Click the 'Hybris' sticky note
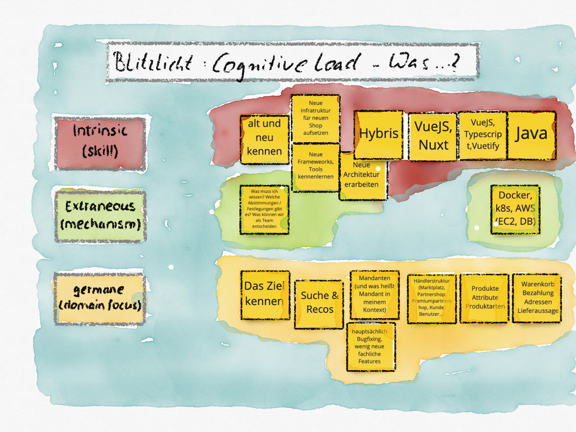[378, 135]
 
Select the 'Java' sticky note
[531, 135]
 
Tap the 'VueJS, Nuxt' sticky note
[433, 136]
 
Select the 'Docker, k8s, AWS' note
[515, 209]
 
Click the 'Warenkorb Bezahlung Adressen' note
[537, 298]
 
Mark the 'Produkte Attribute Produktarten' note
[485, 298]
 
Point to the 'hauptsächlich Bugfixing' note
[371, 346]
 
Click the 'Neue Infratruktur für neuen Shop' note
[315, 118]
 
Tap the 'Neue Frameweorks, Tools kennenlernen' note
[315, 167]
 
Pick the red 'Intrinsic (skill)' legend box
[100, 143]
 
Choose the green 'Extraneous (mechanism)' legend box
[100, 215]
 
